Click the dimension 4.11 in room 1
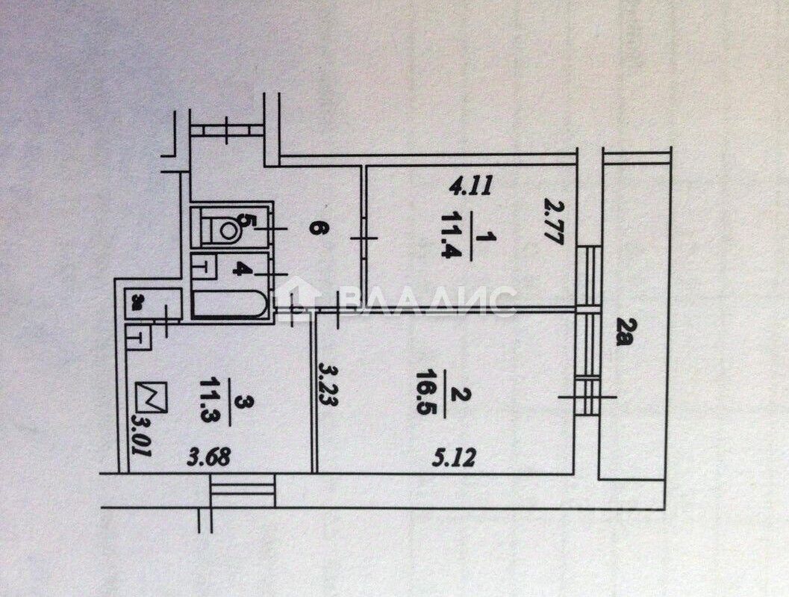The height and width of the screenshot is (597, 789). point(472,185)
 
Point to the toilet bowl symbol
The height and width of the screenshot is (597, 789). point(225,227)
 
